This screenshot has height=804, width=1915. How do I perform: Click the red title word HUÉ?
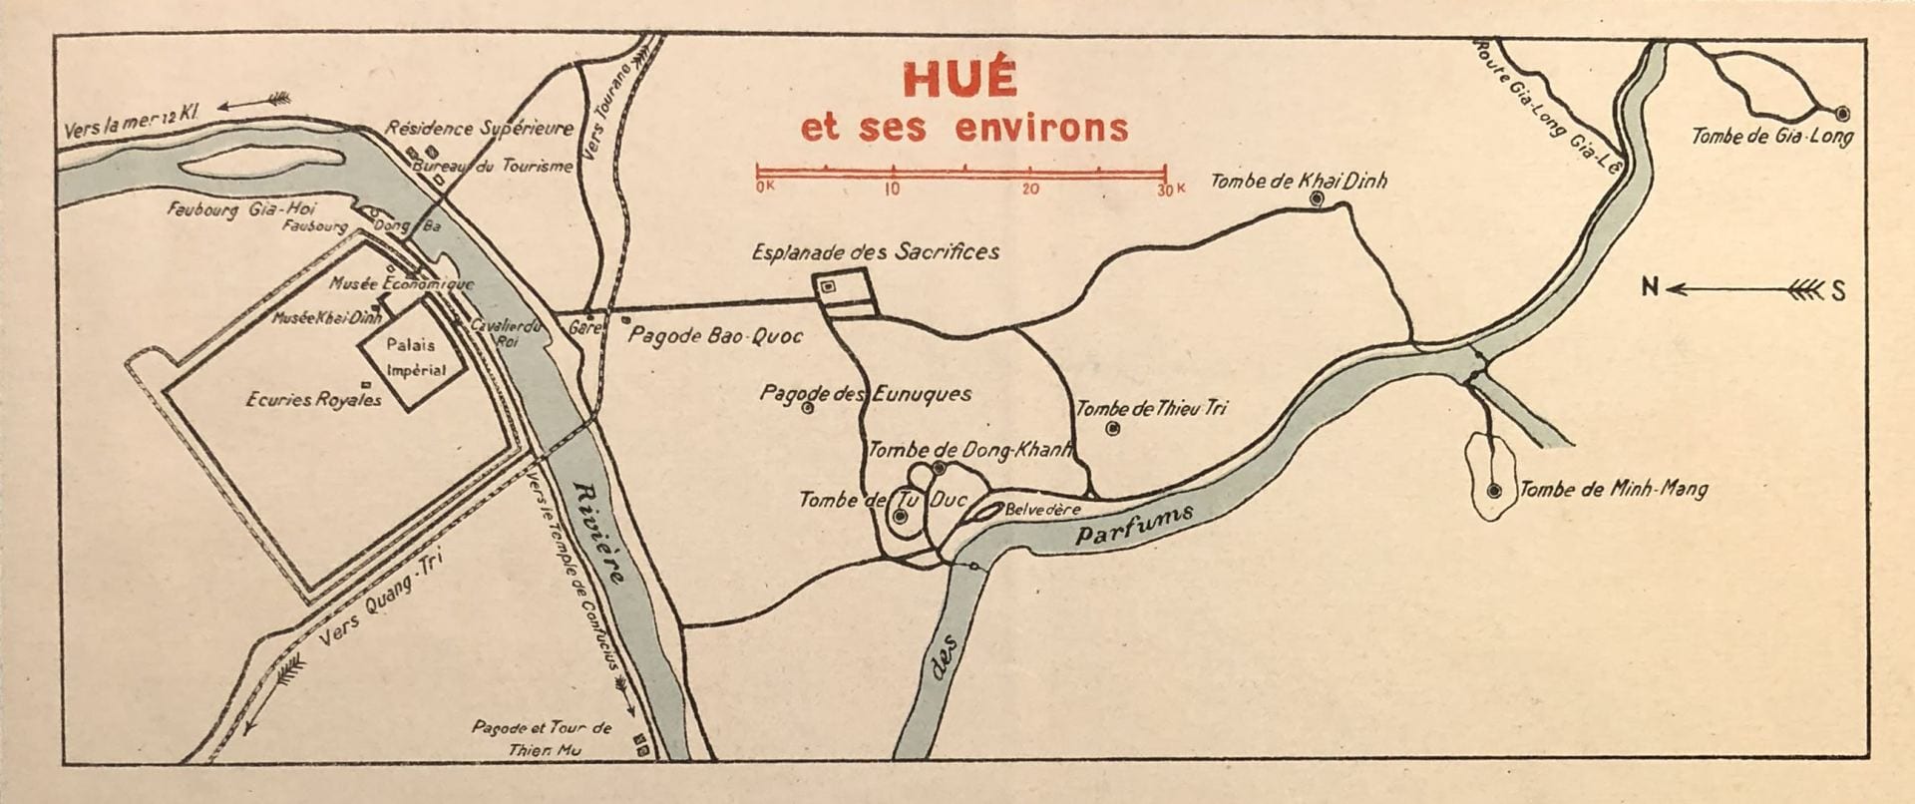point(958,80)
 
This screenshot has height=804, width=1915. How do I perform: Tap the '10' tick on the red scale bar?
point(892,189)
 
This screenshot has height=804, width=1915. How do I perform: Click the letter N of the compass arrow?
point(1651,288)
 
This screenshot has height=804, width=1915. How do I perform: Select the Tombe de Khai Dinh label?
point(1298,181)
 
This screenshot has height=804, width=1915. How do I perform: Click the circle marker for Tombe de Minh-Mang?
point(1493,490)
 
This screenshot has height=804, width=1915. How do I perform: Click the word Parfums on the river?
point(1135,525)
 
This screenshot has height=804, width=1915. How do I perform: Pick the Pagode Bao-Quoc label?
point(714,336)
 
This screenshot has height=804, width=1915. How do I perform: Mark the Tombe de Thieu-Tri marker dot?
point(1113,428)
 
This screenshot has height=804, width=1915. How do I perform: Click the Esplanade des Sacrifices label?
point(875,252)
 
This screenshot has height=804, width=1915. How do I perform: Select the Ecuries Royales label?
point(313,399)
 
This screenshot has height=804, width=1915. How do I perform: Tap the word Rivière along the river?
point(599,532)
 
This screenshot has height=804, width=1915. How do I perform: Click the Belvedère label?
point(1042,509)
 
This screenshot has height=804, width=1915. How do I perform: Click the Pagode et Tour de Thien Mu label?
point(542,739)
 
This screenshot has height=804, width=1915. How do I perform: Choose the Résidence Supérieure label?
point(479,128)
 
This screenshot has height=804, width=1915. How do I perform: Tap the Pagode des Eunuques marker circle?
point(808,407)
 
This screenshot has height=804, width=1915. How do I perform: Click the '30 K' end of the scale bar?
point(1170,189)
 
